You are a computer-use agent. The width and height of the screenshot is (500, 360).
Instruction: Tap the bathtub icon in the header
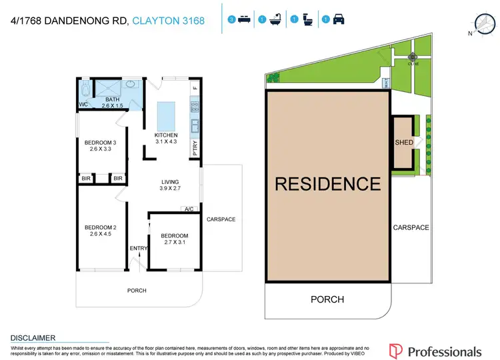tap(273, 20)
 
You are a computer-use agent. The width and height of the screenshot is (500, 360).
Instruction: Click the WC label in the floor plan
tap(83, 105)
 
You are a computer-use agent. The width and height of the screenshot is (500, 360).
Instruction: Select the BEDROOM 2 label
tap(100, 227)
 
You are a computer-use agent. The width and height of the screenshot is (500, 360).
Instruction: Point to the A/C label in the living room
tap(189, 209)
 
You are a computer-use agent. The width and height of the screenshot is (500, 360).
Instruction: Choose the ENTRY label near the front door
tap(139, 249)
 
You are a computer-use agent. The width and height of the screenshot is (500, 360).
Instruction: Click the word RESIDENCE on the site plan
tap(327, 183)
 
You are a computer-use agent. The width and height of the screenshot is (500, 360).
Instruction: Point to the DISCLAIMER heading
tap(33, 338)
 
